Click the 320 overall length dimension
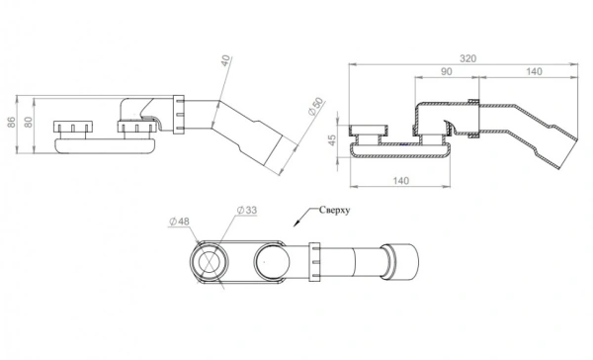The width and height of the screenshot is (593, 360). (x=467, y=58)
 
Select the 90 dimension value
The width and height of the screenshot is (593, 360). (x=447, y=71)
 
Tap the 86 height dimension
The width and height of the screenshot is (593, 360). (x=11, y=122)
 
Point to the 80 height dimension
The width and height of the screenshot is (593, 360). (x=29, y=122)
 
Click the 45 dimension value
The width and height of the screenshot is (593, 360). (x=332, y=139)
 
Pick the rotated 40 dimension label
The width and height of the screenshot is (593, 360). (x=225, y=60)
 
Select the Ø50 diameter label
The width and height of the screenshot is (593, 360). (x=316, y=107)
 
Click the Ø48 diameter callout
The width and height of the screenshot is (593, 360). (x=179, y=222)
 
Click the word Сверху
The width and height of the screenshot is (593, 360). (x=334, y=210)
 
